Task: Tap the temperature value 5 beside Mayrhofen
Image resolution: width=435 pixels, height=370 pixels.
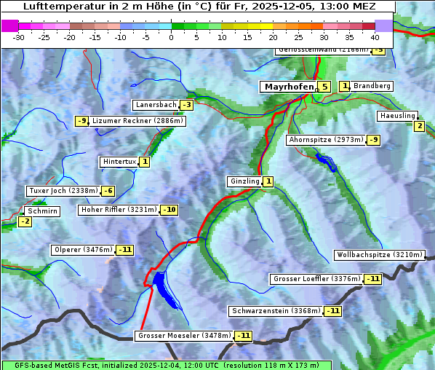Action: [x=324, y=87]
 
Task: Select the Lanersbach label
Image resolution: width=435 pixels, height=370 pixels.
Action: [x=156, y=105]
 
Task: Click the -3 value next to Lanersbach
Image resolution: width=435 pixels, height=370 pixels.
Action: [x=186, y=105]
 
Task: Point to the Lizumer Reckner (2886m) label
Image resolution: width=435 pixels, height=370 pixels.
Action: [x=137, y=121]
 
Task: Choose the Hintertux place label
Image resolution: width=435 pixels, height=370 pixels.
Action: [x=119, y=162]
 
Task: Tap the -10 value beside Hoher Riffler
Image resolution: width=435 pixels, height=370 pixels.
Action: [x=169, y=210]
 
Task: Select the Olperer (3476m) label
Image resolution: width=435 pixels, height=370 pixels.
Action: [x=83, y=250]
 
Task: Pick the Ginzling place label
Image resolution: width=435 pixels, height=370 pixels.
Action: [x=244, y=181]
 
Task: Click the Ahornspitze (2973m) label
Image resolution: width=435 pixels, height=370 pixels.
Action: [x=325, y=139]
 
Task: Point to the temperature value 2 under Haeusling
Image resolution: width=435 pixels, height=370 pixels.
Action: [x=418, y=126]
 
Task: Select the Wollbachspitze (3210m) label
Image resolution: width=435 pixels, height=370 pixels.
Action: [x=378, y=255]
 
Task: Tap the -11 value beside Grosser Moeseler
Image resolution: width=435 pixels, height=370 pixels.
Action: [x=243, y=336]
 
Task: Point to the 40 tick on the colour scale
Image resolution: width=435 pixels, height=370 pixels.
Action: [x=375, y=36]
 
